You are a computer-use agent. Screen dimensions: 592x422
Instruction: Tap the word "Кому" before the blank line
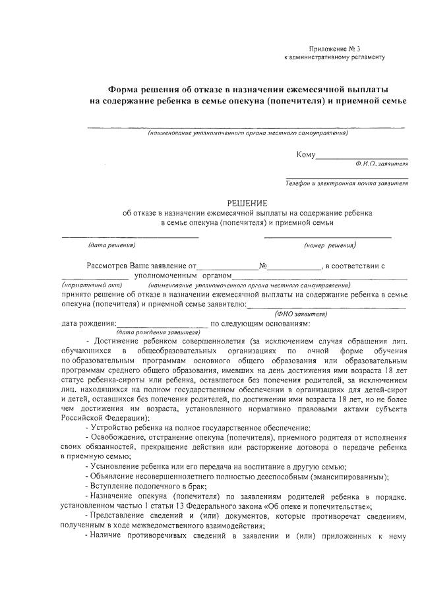(x=307, y=156)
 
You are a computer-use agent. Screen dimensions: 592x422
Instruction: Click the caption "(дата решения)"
(x=111, y=245)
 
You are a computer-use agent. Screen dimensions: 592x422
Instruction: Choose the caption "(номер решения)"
(x=330, y=245)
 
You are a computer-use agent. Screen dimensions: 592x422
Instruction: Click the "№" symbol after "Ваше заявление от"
(x=262, y=266)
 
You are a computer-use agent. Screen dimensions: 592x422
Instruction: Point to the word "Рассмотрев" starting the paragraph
(x=108, y=266)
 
